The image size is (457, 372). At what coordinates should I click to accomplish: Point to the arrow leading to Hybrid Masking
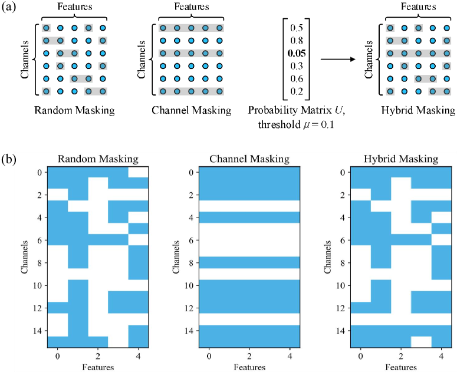[x=343, y=59]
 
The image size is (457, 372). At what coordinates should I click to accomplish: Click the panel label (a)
[x=10, y=9]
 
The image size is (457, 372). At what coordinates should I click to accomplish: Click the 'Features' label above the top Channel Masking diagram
[x=191, y=7]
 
